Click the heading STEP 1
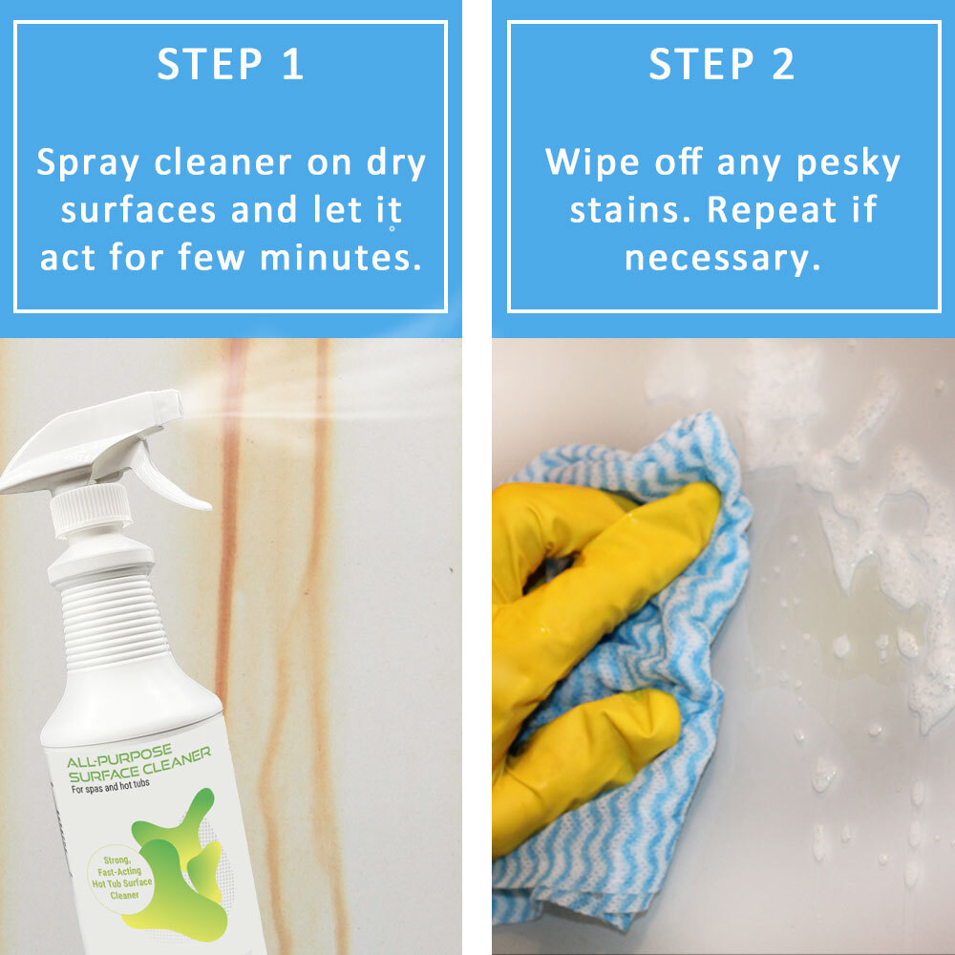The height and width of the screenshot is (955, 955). pyautogui.click(x=230, y=66)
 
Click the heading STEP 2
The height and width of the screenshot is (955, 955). pyautogui.click(x=723, y=66)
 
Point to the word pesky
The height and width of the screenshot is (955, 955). pyautogui.click(x=841, y=163)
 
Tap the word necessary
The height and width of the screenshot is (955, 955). pyautogui.click(x=723, y=258)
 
